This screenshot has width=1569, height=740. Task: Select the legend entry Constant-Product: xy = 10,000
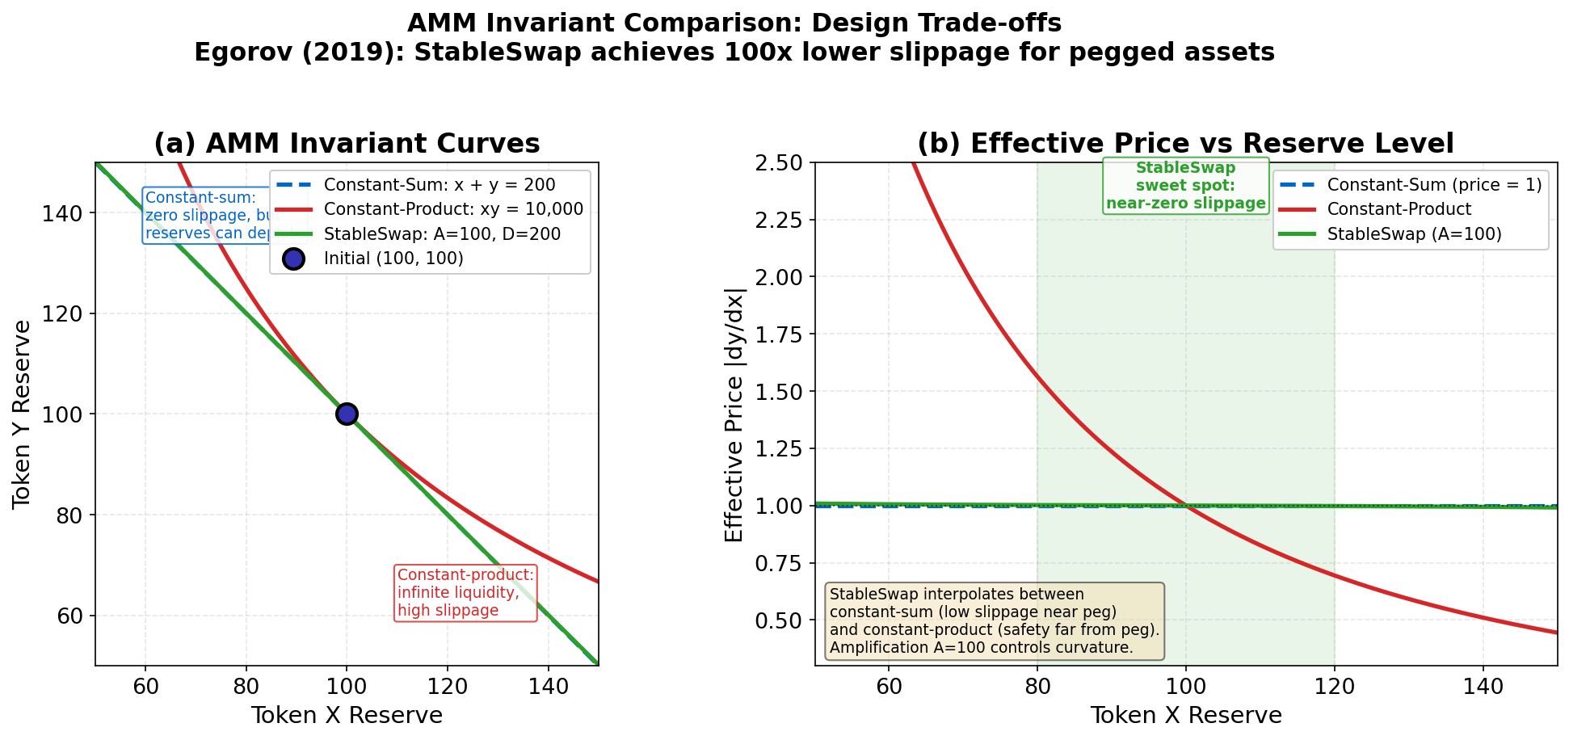453,210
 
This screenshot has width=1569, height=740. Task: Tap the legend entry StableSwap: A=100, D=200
442,234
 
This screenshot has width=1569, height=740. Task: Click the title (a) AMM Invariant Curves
347,144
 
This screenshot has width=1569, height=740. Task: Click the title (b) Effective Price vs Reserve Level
1185,144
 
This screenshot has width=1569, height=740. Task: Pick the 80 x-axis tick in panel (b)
1037,687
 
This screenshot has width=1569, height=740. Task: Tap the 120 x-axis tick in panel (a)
448,687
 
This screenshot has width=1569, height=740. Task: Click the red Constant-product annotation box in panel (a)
465,593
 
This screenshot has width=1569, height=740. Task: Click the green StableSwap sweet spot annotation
1185,186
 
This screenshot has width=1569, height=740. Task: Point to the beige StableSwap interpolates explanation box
994,621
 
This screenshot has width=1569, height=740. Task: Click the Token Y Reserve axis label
22,414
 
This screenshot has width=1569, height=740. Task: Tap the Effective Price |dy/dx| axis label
734,414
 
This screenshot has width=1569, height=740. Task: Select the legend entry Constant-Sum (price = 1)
1434,185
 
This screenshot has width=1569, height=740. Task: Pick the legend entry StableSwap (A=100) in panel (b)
1414,234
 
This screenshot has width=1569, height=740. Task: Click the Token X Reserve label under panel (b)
1185,716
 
